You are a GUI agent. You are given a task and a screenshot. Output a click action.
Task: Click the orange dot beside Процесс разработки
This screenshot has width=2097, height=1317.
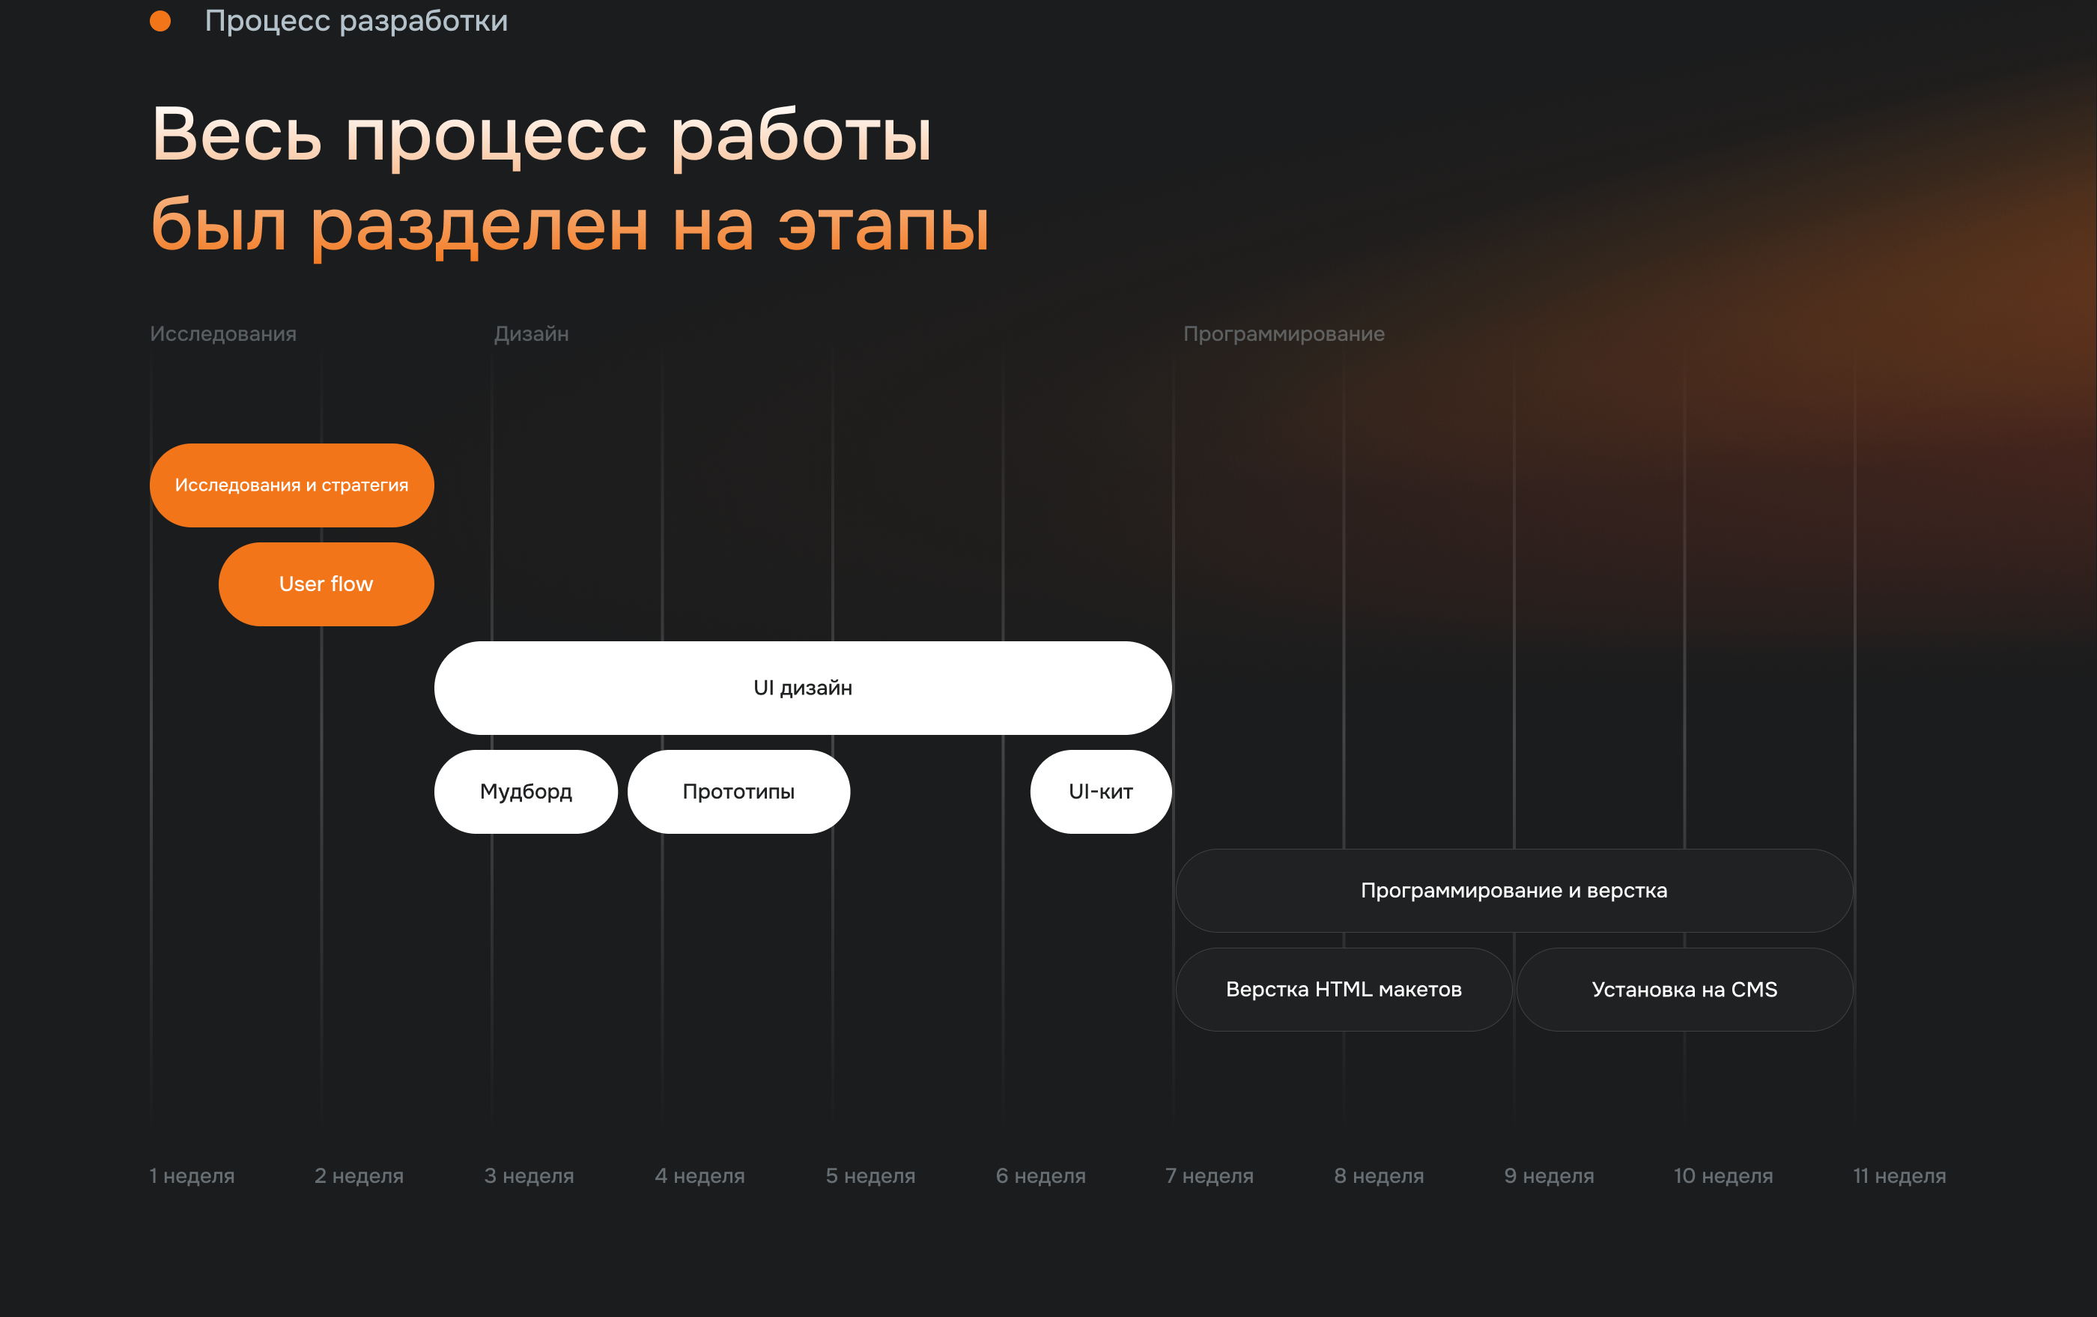point(160,21)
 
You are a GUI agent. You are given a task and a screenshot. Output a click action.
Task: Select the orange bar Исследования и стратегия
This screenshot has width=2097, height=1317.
point(292,485)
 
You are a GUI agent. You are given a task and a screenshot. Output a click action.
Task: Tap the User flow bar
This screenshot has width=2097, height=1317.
point(327,584)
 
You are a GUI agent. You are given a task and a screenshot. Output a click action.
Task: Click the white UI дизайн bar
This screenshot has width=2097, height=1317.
point(803,688)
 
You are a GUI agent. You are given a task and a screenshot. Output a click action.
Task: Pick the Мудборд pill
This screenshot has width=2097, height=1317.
point(526,792)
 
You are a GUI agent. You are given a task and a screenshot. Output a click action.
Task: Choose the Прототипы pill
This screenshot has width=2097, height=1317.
point(738,792)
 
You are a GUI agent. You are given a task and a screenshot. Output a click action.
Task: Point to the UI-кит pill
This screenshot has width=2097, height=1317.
point(1101,792)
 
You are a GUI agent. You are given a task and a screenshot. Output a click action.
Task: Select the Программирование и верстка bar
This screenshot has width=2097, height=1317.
point(1514,891)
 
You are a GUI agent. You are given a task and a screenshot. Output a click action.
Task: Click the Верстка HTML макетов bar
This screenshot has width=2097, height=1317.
point(1344,990)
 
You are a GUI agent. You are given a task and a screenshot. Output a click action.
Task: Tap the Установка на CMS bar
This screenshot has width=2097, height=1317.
point(1685,990)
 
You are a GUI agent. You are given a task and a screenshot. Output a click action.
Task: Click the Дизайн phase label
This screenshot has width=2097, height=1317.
point(531,334)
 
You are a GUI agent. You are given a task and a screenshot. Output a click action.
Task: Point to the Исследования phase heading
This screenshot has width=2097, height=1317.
point(223,334)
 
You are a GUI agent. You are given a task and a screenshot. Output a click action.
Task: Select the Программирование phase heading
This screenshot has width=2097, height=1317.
point(1284,334)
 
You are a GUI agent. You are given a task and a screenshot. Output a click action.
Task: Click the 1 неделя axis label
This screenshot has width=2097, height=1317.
point(192,1176)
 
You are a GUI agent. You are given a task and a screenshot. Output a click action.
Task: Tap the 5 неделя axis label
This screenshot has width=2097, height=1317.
point(871,1176)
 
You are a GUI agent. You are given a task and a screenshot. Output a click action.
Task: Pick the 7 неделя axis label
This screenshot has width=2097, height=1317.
point(1210,1176)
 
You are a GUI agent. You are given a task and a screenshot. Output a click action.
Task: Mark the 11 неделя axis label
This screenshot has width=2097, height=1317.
point(1899,1176)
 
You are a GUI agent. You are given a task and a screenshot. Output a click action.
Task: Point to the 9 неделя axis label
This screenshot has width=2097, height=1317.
point(1550,1176)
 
